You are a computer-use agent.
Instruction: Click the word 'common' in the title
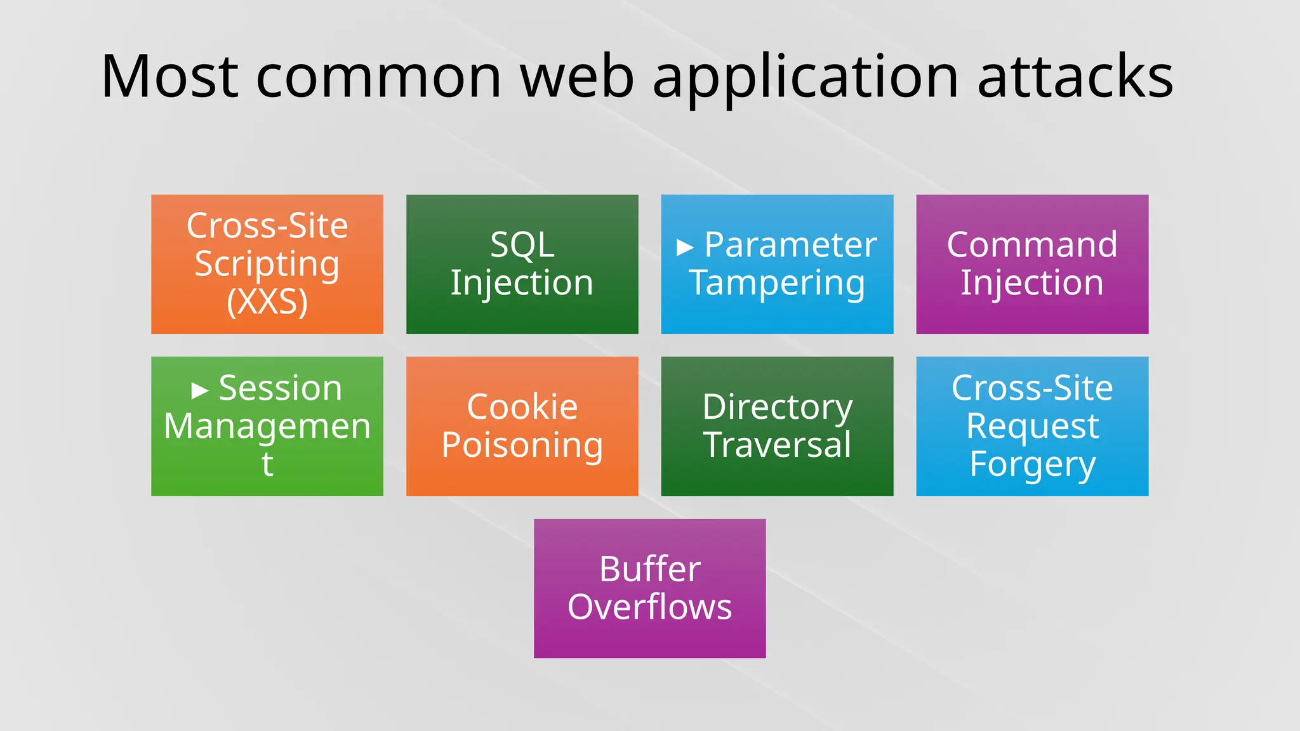[379, 77]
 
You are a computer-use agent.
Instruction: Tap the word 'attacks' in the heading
[1075, 77]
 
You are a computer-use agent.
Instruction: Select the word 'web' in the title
[577, 77]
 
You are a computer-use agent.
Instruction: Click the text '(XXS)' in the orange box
[267, 301]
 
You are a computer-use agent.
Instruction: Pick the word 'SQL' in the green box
[522, 245]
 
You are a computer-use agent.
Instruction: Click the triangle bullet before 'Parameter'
[684, 247]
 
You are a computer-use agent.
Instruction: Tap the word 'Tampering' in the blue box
[777, 283]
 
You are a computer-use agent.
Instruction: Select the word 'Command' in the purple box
[1031, 245]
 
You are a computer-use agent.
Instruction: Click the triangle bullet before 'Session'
[199, 390]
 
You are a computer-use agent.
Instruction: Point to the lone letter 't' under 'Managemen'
[267, 464]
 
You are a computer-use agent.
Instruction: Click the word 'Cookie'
[522, 407]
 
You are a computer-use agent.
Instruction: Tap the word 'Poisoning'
[522, 445]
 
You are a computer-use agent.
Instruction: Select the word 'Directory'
[777, 407]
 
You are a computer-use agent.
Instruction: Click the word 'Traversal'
[777, 445]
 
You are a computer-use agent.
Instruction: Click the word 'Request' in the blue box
[1032, 426]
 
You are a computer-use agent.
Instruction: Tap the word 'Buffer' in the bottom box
[649, 569]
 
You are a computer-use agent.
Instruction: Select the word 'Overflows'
[649, 607]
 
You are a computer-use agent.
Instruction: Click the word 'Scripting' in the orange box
[267, 265]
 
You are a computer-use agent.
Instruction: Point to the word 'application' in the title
[805, 77]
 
